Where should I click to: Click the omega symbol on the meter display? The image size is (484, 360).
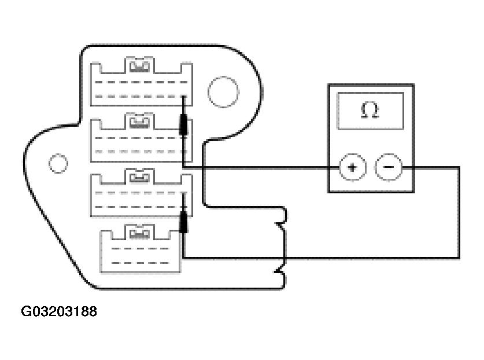pyautogui.click(x=370, y=111)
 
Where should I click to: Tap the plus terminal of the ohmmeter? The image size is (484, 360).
pyautogui.click(x=352, y=168)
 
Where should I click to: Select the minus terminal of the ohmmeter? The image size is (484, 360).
pyautogui.click(x=387, y=168)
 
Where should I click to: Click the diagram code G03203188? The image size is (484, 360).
pyautogui.click(x=59, y=312)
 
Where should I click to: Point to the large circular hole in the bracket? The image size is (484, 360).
pyautogui.click(x=223, y=93)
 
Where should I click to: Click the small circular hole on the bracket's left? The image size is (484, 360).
pyautogui.click(x=58, y=163)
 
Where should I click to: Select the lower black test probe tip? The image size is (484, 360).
pyautogui.click(x=184, y=222)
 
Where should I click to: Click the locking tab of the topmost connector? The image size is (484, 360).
pyautogui.click(x=141, y=68)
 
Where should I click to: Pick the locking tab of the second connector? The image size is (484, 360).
pyautogui.click(x=140, y=122)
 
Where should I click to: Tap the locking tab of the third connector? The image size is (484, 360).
pyautogui.click(x=140, y=176)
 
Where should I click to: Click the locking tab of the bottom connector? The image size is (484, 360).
pyautogui.click(x=140, y=233)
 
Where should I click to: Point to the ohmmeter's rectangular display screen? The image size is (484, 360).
pyautogui.click(x=370, y=111)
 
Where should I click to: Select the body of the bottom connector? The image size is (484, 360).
pyautogui.click(x=141, y=255)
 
